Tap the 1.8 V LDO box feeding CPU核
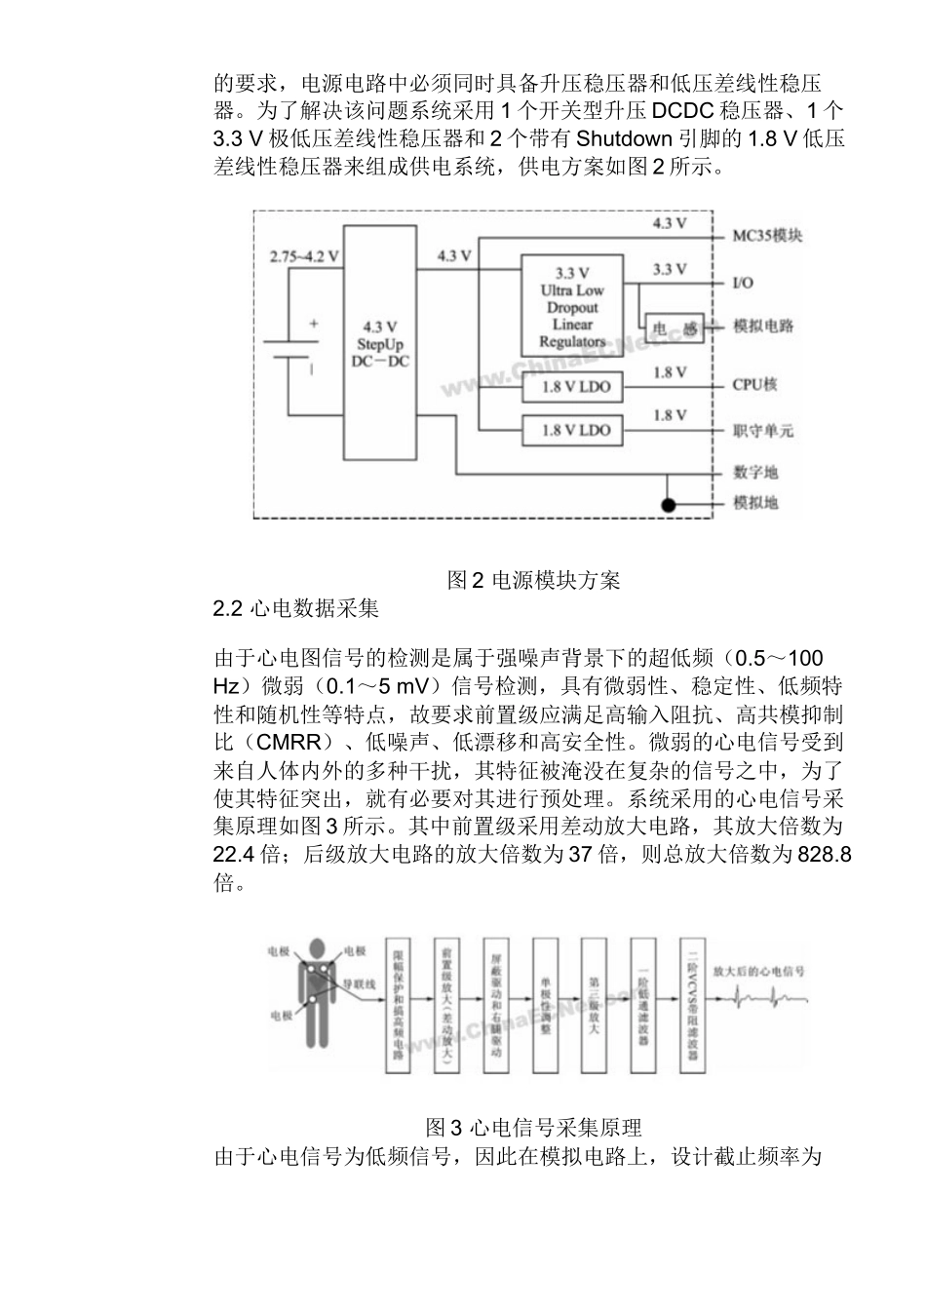coord(572,387)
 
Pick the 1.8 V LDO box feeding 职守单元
coord(572,430)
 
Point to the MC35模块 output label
coord(768,236)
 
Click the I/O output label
coord(743,283)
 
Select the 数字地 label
coord(755,474)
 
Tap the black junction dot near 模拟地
coord(668,505)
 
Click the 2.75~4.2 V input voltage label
coord(304,256)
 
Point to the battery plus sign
coord(314,325)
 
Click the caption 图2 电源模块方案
coord(534,581)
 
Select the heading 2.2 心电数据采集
coord(296,609)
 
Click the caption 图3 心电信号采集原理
coord(534,1129)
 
